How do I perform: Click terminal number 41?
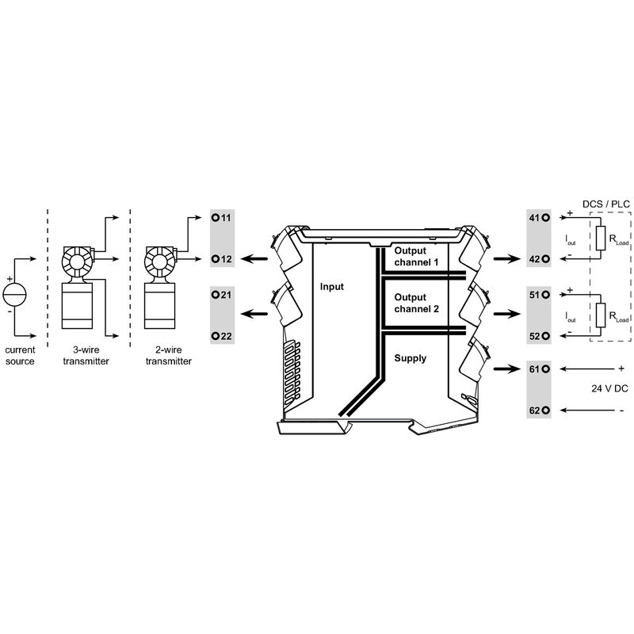[539, 217]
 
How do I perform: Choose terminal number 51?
[539, 295]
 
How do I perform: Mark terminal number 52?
[539, 336]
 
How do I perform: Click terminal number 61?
[539, 369]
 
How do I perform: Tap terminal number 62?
[539, 410]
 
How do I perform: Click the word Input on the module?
[332, 286]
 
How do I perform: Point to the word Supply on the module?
[411, 358]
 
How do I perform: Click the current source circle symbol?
[14, 294]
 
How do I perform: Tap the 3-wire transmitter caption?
[86, 355]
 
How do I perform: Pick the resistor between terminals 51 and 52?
[603, 314]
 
